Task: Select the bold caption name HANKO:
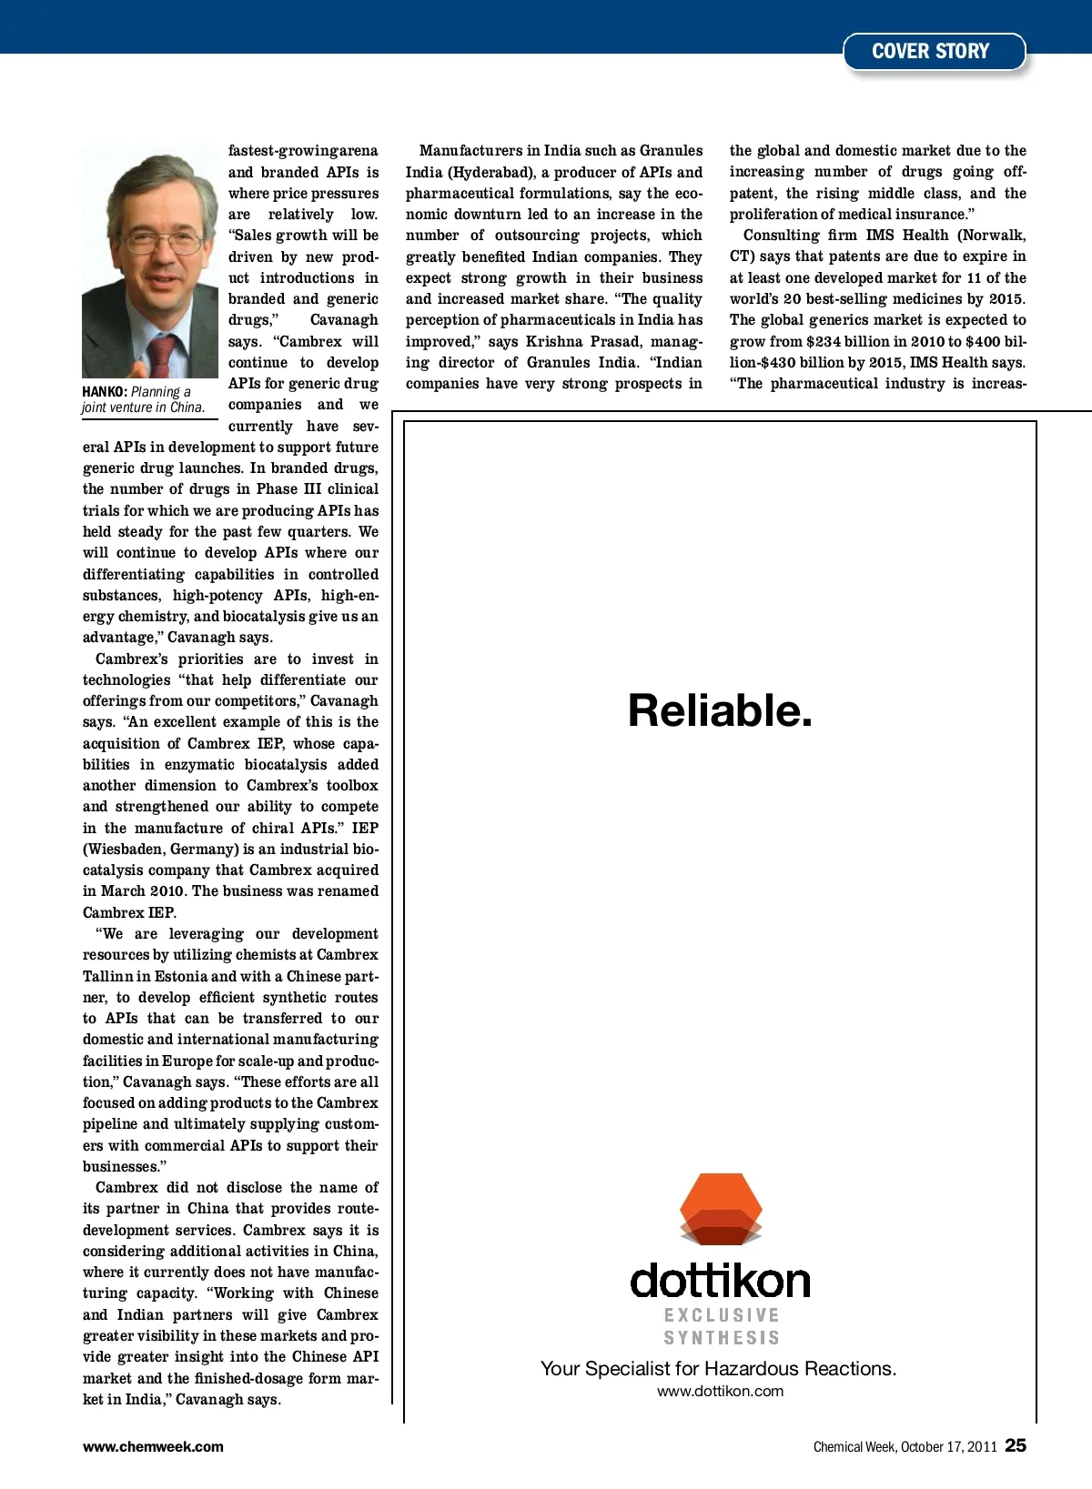(104, 392)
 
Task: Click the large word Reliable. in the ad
(720, 711)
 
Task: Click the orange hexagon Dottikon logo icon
(721, 1209)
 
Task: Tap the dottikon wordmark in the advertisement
(720, 1280)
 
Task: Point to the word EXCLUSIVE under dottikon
(722, 1315)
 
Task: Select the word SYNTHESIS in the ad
(722, 1338)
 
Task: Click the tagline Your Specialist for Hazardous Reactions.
(718, 1369)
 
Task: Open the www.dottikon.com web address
(720, 1391)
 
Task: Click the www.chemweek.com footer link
(153, 1447)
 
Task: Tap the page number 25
(1016, 1445)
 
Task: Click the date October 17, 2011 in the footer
(948, 1447)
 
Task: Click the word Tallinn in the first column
(108, 977)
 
